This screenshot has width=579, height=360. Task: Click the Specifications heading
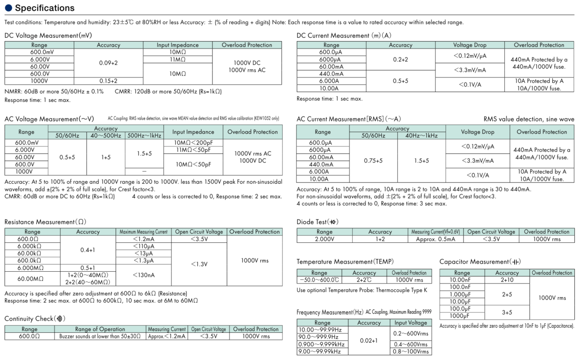click(x=45, y=8)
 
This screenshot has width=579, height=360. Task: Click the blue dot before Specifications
click(x=8, y=8)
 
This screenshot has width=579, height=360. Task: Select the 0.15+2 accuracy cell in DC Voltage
click(x=108, y=81)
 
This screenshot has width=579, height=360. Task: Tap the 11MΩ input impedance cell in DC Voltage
click(x=178, y=59)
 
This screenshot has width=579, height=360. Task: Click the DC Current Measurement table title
click(x=344, y=36)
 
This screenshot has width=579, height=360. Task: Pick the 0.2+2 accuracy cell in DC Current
click(x=400, y=59)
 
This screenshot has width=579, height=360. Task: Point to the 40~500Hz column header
click(x=106, y=135)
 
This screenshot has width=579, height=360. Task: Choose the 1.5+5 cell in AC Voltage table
click(x=144, y=154)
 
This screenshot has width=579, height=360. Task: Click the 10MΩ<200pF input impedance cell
click(x=193, y=143)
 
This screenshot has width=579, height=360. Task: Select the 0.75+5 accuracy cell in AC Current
click(x=373, y=161)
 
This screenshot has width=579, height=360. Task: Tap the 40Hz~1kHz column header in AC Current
click(x=421, y=135)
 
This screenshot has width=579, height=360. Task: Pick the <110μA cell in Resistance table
click(x=143, y=246)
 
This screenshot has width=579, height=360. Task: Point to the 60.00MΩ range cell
click(x=32, y=278)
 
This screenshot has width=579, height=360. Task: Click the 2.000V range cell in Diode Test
click(x=325, y=239)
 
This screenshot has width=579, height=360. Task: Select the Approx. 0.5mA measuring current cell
click(x=435, y=239)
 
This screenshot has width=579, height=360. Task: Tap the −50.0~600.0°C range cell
click(x=319, y=280)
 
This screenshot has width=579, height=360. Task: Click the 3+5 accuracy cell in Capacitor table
click(x=507, y=312)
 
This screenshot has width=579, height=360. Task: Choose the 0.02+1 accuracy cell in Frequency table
click(x=369, y=340)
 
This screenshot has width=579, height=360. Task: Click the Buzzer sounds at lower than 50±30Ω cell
click(x=100, y=336)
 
